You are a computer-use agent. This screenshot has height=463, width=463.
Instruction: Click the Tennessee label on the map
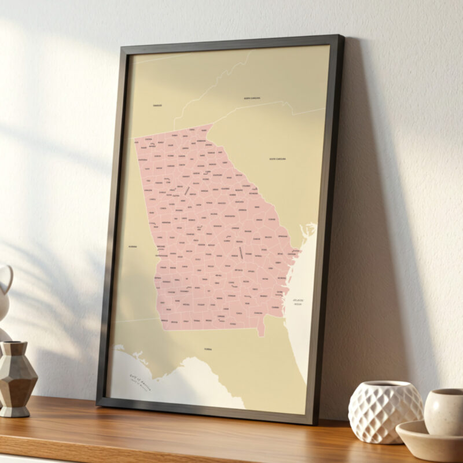157,105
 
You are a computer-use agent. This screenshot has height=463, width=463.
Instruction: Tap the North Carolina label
252,98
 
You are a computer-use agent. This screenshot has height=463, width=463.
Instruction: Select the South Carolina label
277,159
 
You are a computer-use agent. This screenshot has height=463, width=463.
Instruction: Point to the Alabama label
133,246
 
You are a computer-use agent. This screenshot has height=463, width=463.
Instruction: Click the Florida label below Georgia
208,350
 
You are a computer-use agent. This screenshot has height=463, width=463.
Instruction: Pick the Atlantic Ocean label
298,302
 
